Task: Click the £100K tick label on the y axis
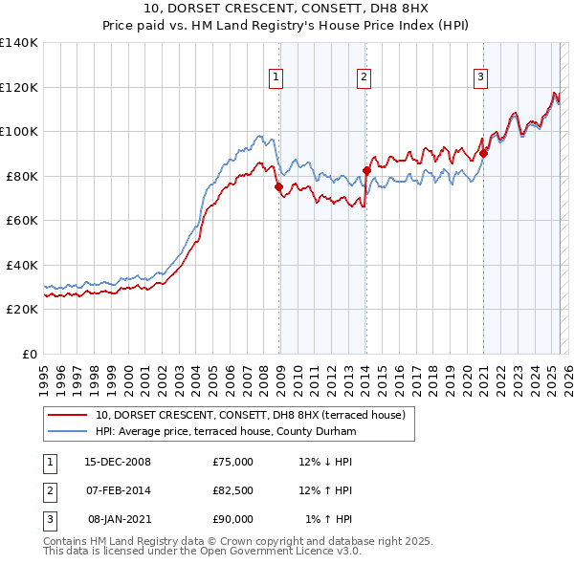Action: tap(19, 132)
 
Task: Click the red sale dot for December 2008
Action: tap(279, 187)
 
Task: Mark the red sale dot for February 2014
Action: tap(366, 171)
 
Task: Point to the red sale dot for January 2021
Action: tap(484, 153)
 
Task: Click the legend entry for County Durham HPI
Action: tap(226, 432)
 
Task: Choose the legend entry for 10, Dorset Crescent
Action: tap(251, 415)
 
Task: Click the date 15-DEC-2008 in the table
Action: tap(118, 462)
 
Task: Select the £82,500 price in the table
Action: tap(233, 490)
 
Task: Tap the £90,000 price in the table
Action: tap(233, 519)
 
